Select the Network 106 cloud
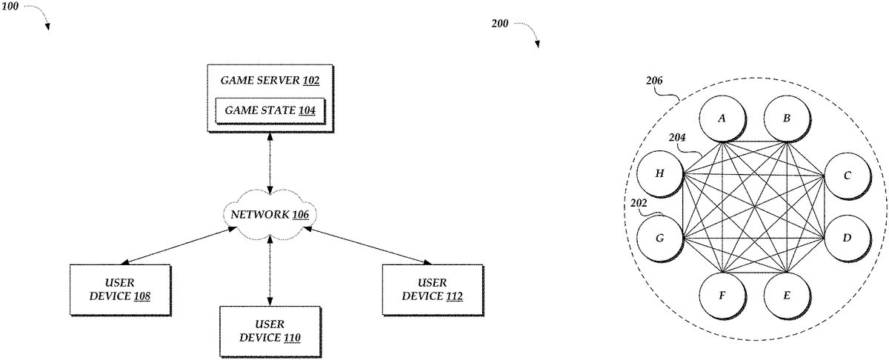269,215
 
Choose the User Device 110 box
269,331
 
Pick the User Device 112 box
432,290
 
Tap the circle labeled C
846,176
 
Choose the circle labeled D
846,238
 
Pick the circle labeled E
786,295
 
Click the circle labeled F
722,295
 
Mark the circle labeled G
659,239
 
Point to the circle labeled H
659,176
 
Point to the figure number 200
500,23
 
